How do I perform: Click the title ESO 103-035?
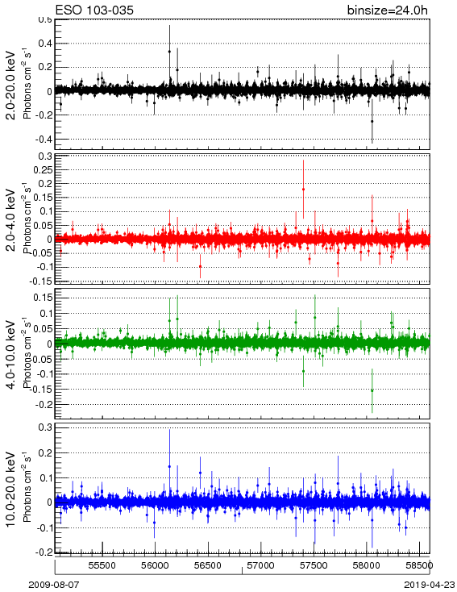pyautogui.click(x=94, y=10)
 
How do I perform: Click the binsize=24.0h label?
pyautogui.click(x=388, y=10)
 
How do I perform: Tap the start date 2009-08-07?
pyautogui.click(x=54, y=585)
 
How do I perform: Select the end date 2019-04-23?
pyautogui.click(x=429, y=585)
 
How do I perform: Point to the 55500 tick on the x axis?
pyautogui.click(x=102, y=565)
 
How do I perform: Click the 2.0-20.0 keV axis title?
pyautogui.click(x=11, y=85)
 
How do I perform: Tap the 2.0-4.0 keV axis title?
pyautogui.click(x=11, y=219)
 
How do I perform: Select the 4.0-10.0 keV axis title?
pyautogui.click(x=11, y=355)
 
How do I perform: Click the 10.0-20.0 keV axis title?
pyautogui.click(x=11, y=490)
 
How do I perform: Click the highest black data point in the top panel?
pyautogui.click(x=169, y=52)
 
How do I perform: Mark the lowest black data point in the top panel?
pyautogui.click(x=372, y=121)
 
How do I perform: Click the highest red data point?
pyautogui.click(x=303, y=190)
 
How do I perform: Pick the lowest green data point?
pyautogui.click(x=372, y=390)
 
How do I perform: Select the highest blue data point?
pyautogui.click(x=169, y=467)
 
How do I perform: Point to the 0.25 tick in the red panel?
pyautogui.click(x=43, y=170)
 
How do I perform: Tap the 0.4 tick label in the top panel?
pyautogui.click(x=45, y=44)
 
